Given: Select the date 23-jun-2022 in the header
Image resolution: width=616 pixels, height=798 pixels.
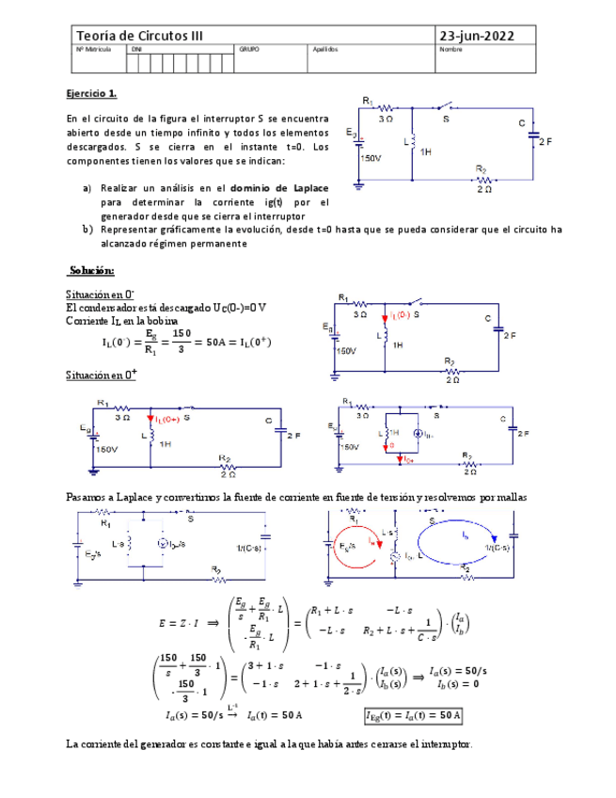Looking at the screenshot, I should coord(481,36).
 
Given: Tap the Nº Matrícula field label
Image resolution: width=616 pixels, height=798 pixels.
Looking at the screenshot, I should coord(93,49).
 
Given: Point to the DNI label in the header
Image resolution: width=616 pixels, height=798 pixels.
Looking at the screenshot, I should coord(136,49).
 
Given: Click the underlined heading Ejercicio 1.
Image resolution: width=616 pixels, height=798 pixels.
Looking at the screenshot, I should coord(91,94).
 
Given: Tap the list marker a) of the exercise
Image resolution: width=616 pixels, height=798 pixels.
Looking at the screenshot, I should coord(87,187).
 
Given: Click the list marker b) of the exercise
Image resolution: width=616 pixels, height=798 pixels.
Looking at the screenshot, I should coord(87,229).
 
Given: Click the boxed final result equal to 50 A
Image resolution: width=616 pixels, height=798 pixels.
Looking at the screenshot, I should coord(413,715).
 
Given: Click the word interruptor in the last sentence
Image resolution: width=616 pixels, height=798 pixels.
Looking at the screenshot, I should coord(442,744).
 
